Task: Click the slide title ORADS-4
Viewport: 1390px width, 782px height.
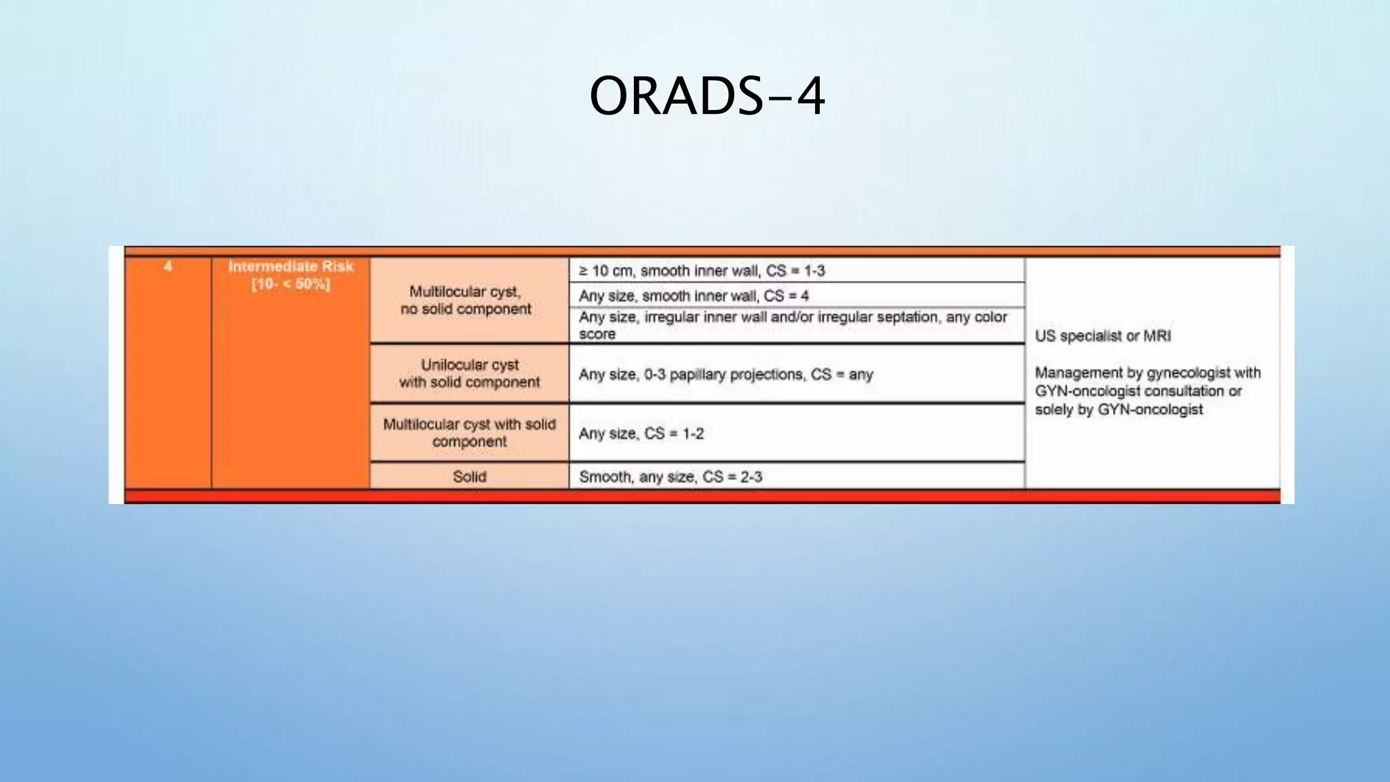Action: click(707, 96)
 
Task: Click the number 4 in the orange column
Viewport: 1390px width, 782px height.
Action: click(168, 266)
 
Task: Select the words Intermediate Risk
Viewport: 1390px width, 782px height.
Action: click(290, 266)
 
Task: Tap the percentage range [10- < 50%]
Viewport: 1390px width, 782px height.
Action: click(290, 284)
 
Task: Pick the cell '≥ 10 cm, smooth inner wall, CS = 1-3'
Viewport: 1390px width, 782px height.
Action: click(701, 271)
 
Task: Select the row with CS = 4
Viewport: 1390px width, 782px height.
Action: click(693, 296)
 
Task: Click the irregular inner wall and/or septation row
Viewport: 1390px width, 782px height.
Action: click(792, 318)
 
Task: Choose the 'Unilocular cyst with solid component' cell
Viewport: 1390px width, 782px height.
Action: click(469, 373)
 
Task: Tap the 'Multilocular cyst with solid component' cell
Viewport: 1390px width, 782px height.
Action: click(469, 432)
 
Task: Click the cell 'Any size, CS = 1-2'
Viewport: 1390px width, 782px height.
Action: click(641, 434)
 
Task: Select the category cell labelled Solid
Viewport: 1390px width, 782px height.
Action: click(469, 477)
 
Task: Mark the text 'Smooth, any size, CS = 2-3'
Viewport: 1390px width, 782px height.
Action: click(670, 477)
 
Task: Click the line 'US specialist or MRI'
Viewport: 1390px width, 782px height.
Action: click(1102, 336)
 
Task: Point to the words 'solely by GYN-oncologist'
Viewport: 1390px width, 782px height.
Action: click(1119, 409)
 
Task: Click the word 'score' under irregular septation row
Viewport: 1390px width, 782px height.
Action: click(597, 334)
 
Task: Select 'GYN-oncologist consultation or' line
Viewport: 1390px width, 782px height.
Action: click(1138, 391)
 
